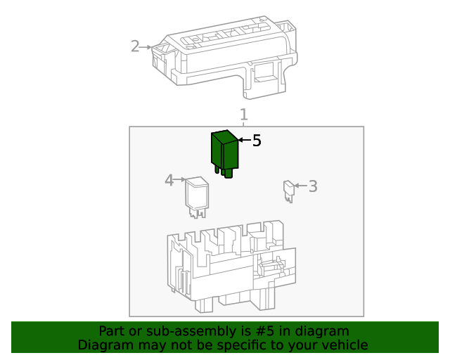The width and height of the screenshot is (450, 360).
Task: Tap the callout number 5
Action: (x=257, y=141)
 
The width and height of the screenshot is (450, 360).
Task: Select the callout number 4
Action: (x=169, y=181)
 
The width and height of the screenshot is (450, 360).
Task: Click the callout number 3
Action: (x=313, y=186)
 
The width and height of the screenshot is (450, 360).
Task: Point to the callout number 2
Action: (x=135, y=47)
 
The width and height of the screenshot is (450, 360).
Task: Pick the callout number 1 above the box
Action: (x=244, y=114)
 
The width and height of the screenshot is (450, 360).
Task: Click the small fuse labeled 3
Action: (x=288, y=189)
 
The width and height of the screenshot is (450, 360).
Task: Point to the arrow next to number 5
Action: (x=244, y=141)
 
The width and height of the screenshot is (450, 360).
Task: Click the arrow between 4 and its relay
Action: (x=180, y=181)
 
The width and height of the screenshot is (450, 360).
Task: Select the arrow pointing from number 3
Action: (x=300, y=186)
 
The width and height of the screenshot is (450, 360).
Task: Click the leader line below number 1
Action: (x=244, y=124)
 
